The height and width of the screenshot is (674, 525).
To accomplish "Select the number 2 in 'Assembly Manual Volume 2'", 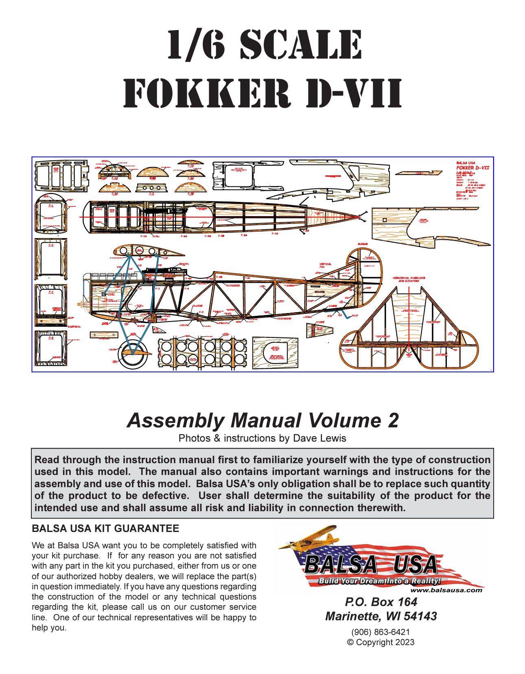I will [393, 420].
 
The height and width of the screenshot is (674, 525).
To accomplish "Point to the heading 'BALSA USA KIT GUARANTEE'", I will [105, 528].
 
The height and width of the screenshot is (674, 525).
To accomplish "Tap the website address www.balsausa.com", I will [446, 590].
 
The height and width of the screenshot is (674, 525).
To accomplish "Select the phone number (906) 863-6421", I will [381, 632].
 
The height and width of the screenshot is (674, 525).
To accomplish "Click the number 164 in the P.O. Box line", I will [407, 602].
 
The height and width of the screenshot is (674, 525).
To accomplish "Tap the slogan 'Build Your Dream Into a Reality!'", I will [379, 581].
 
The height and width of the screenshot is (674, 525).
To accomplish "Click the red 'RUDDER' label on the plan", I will [362, 244].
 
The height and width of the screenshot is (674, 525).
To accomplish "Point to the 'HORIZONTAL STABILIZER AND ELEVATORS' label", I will [409, 279].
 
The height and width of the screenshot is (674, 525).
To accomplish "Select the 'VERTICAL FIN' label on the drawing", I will [325, 265].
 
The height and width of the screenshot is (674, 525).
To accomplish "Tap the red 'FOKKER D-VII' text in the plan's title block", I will [472, 168].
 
